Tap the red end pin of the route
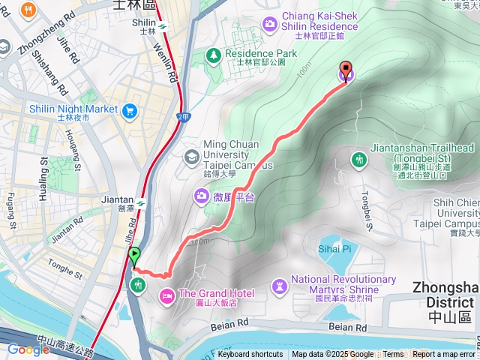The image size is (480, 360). click(x=346, y=70)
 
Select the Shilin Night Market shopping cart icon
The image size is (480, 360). click(x=130, y=110)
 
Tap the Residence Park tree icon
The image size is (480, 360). click(x=214, y=55)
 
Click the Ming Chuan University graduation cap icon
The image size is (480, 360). click(x=191, y=156)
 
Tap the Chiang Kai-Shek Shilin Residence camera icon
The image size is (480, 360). click(x=269, y=25)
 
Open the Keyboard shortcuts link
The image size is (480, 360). click(x=250, y=355)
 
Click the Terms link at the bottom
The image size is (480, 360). click(x=393, y=355)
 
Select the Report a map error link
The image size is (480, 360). click(x=443, y=355)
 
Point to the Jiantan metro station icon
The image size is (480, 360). click(x=140, y=200)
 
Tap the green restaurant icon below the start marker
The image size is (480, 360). click(x=138, y=284)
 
